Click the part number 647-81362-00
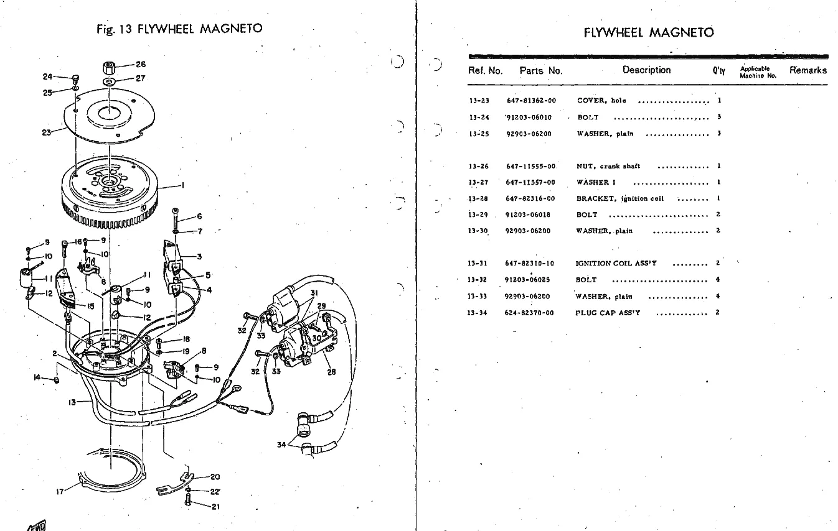531,101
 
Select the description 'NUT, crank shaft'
608,167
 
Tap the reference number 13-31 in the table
478,264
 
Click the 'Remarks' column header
807,70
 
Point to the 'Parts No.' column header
541,71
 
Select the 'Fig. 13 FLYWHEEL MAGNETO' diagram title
179,29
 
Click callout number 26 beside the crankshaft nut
141,64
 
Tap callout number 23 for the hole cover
46,132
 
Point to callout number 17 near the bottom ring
60,491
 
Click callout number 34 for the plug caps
281,444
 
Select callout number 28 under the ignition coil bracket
331,372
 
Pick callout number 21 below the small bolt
215,506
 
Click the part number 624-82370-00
529,313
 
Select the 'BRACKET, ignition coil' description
619,199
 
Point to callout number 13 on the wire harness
72,402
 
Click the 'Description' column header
646,70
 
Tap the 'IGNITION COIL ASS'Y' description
616,264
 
